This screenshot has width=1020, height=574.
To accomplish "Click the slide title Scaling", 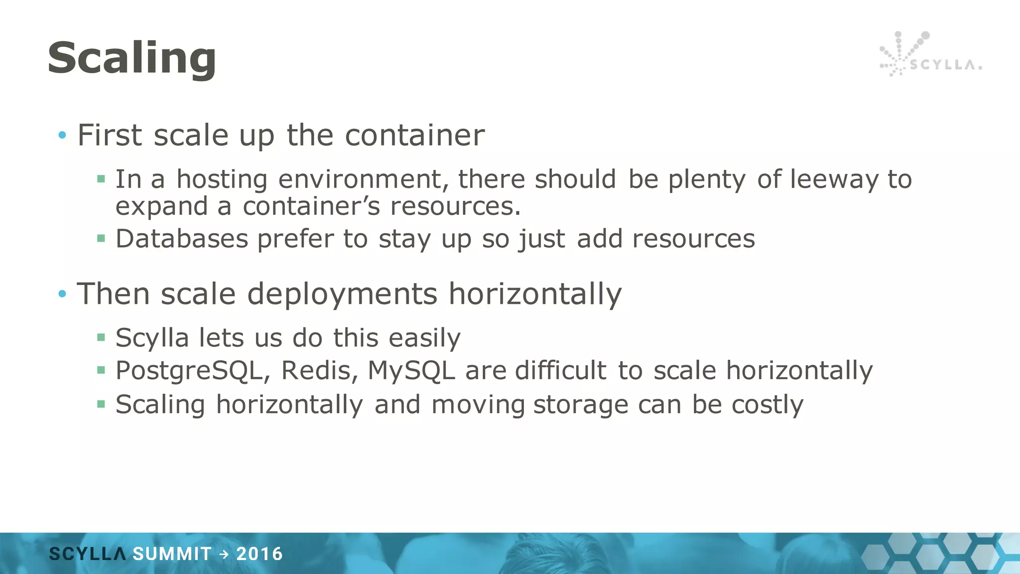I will pyautogui.click(x=132, y=58).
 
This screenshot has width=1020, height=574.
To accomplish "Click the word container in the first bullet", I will pyautogui.click(x=414, y=135).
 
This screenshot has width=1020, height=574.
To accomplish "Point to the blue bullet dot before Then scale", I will pyautogui.click(x=62, y=293).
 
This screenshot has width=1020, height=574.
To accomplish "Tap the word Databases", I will pyautogui.click(x=182, y=239).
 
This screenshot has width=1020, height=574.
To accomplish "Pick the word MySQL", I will pyautogui.click(x=411, y=371).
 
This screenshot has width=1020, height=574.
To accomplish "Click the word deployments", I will pyautogui.click(x=342, y=293).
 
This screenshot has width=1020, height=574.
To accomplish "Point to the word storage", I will pyautogui.click(x=581, y=405).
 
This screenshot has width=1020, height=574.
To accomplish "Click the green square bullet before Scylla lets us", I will pyautogui.click(x=101, y=338).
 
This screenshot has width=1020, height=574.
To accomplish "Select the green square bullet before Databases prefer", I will pyautogui.click(x=101, y=239).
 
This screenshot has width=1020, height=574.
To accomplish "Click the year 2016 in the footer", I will pyautogui.click(x=259, y=554).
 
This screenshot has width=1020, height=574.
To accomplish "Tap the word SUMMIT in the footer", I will pyautogui.click(x=172, y=554).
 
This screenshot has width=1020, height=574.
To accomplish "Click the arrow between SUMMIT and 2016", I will pyautogui.click(x=224, y=554).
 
